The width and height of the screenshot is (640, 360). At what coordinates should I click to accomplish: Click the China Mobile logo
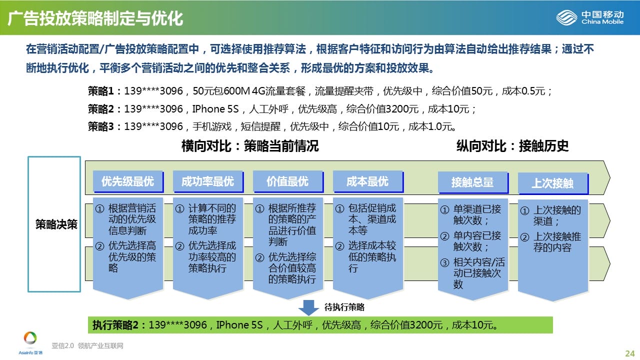(589, 17)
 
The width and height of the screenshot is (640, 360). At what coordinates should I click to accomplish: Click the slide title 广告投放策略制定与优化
(95, 18)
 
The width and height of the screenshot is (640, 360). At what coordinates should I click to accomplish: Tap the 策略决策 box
(54, 224)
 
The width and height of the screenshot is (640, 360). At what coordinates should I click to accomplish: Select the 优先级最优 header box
(128, 181)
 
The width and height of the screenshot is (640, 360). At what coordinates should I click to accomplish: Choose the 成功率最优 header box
(208, 181)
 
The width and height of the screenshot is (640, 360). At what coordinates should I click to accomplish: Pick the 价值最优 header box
(288, 181)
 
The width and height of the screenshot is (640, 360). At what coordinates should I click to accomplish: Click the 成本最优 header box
(368, 181)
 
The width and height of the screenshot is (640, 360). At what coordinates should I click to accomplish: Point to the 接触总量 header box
(473, 182)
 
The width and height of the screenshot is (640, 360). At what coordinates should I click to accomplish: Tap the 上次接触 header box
(553, 183)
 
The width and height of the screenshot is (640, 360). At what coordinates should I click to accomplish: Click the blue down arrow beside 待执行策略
(308, 307)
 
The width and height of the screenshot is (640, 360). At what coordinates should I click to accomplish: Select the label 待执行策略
(344, 307)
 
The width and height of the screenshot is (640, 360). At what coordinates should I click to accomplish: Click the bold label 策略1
(101, 91)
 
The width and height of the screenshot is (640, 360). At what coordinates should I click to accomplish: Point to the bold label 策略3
(101, 126)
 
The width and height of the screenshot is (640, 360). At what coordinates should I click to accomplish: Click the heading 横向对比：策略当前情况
(250, 146)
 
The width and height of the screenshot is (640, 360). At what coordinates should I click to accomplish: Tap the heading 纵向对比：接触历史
(512, 146)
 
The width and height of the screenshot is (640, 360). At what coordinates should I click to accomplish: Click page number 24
(629, 353)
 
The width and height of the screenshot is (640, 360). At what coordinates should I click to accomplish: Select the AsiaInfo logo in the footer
(30, 343)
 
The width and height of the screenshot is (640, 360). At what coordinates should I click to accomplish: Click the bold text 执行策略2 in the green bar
(115, 325)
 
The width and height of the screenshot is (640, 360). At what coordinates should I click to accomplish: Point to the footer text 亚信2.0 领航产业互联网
(87, 345)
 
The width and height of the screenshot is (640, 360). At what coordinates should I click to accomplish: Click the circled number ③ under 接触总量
(444, 262)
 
